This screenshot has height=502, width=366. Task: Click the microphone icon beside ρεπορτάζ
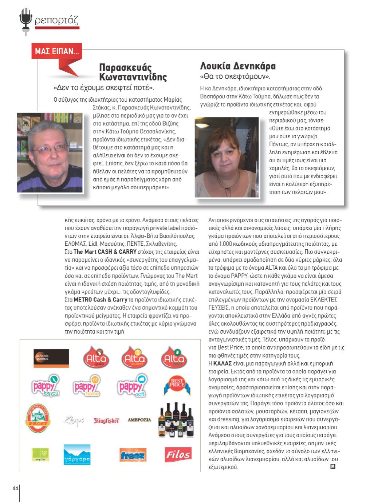[26, 21]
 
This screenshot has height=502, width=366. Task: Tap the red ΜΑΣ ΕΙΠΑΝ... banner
[56, 51]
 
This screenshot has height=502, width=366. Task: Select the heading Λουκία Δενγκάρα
[238, 66]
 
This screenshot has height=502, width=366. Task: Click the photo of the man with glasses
[50, 152]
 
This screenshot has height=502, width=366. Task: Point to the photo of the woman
[227, 157]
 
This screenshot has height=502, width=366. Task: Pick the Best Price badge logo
[177, 385]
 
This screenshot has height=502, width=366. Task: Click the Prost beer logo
[38, 419]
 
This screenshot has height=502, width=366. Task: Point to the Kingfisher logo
[106, 420]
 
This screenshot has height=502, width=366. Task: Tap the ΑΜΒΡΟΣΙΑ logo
[139, 420]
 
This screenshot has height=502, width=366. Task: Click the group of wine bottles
[176, 420]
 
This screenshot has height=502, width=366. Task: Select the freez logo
[133, 455]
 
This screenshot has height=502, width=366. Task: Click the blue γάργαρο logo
[77, 455]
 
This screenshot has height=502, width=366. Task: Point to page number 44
[15, 488]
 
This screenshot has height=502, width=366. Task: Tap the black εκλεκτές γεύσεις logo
[51, 358]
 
